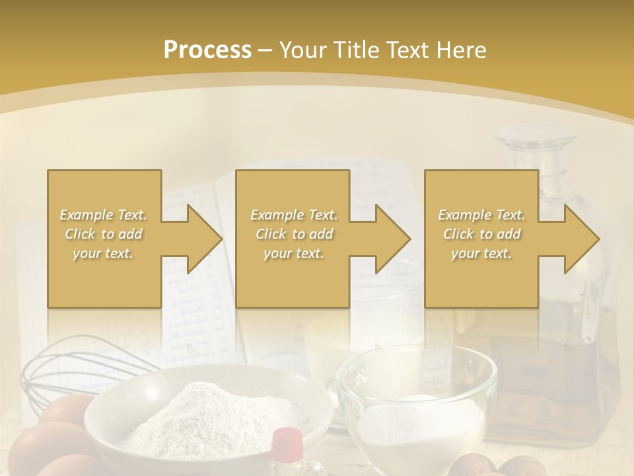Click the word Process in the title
point(207,50)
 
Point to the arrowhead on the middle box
point(391,239)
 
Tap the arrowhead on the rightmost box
point(580,239)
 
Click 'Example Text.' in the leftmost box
point(103,215)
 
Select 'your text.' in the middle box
point(293,253)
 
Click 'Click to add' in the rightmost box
point(481,234)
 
